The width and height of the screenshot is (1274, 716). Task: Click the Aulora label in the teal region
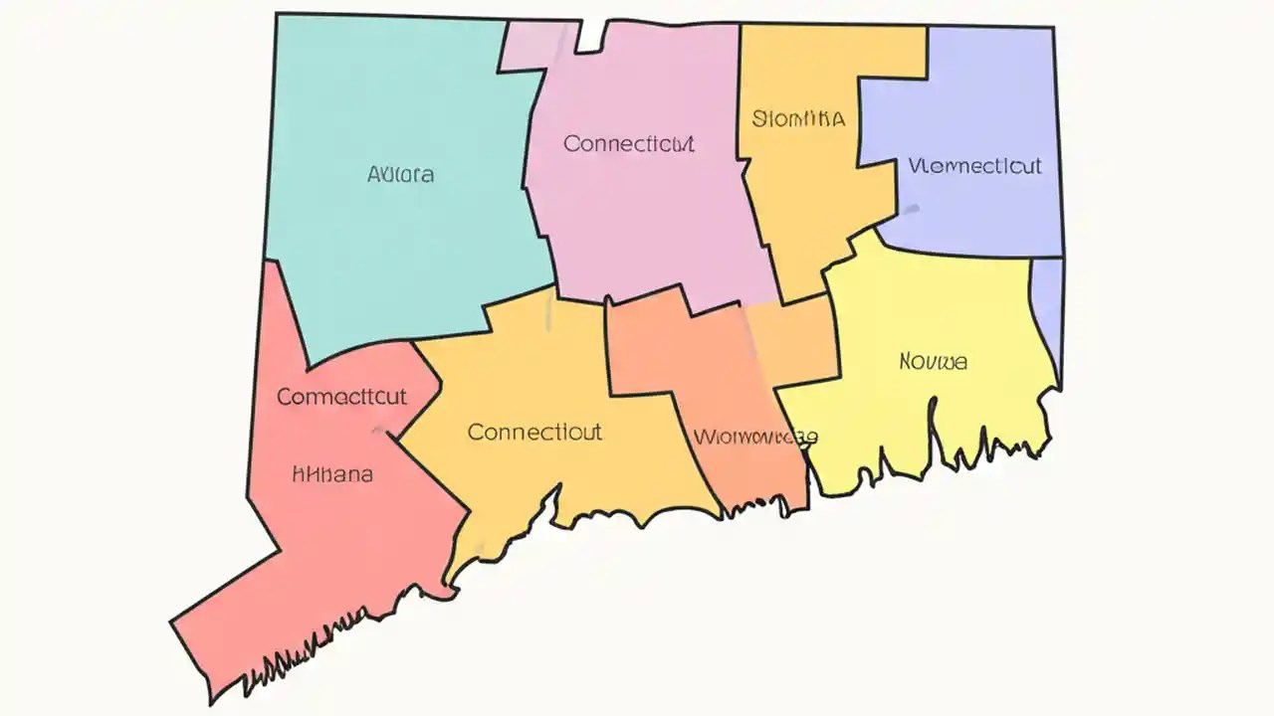pyautogui.click(x=400, y=175)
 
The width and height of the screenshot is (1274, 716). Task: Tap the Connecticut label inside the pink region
pyautogui.click(x=628, y=144)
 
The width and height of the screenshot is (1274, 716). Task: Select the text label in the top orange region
pyautogui.click(x=798, y=119)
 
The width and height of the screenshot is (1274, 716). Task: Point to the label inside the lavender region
pyautogui.click(x=974, y=166)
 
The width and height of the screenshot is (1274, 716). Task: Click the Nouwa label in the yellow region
pyautogui.click(x=933, y=362)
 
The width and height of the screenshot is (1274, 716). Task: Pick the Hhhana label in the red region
pyautogui.click(x=332, y=474)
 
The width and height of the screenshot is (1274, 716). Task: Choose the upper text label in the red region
pyautogui.click(x=341, y=397)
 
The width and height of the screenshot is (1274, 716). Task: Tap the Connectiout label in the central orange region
pyautogui.click(x=534, y=433)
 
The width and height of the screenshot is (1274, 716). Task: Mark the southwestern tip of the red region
pyautogui.click(x=173, y=624)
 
